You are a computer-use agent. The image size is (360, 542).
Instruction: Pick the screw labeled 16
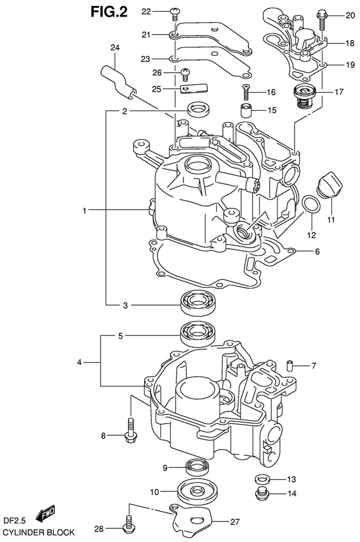(x=245, y=92)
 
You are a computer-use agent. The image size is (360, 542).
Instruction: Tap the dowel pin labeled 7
(x=290, y=365)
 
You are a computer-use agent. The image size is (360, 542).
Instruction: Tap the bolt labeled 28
(x=128, y=526)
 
